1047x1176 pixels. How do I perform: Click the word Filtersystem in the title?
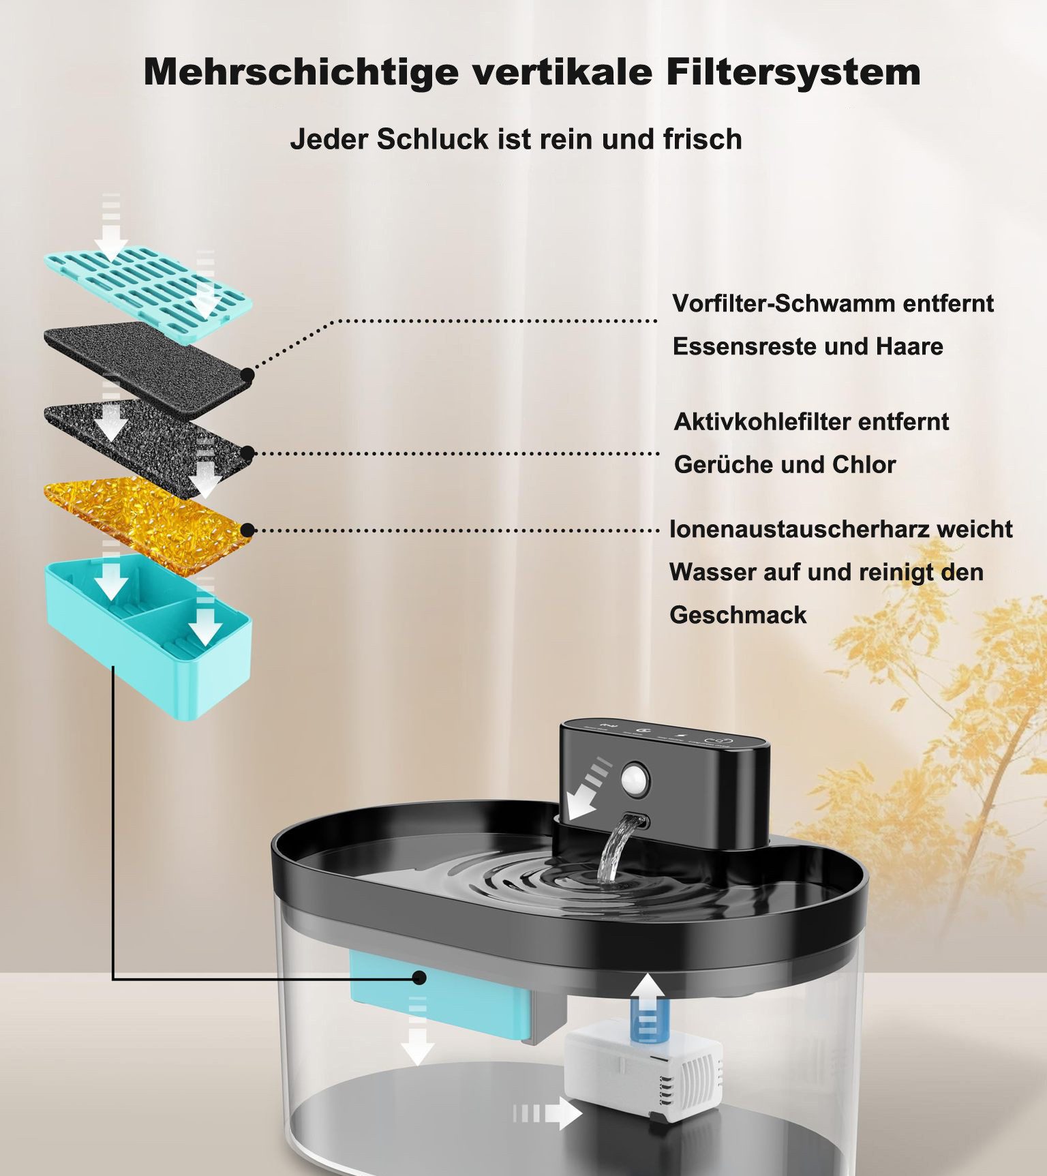click(793, 72)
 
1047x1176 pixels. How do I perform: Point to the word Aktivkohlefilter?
click(762, 421)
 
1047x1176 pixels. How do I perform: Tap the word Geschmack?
click(738, 615)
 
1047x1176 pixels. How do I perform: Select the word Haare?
click(909, 346)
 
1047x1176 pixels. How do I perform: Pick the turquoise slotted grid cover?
click(147, 290)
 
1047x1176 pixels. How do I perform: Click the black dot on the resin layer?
click(248, 530)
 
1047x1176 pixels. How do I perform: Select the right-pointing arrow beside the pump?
click(549, 1113)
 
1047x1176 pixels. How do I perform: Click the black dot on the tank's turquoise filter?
click(420, 978)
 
